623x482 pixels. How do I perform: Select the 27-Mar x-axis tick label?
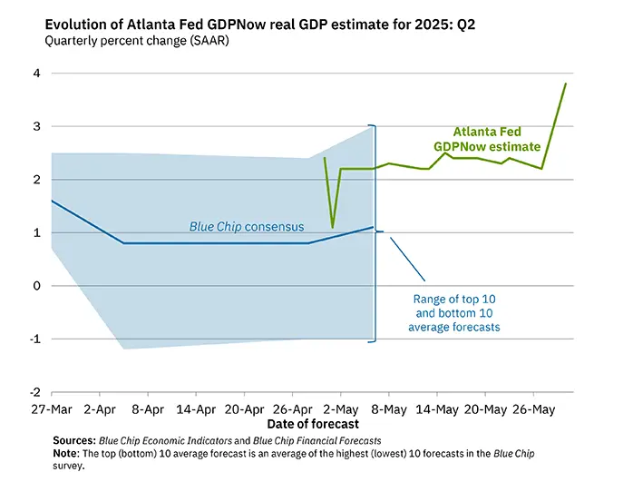click(x=50, y=409)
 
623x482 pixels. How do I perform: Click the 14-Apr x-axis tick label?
click(x=196, y=409)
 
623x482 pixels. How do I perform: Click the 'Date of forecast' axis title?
click(x=313, y=424)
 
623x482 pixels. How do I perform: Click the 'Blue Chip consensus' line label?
click(x=246, y=226)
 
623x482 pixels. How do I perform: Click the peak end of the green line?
click(x=566, y=84)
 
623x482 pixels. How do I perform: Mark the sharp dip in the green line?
click(x=333, y=227)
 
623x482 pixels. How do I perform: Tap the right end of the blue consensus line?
click(x=373, y=227)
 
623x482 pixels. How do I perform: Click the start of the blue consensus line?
click(x=52, y=201)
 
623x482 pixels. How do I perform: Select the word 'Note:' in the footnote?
click(x=68, y=453)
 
